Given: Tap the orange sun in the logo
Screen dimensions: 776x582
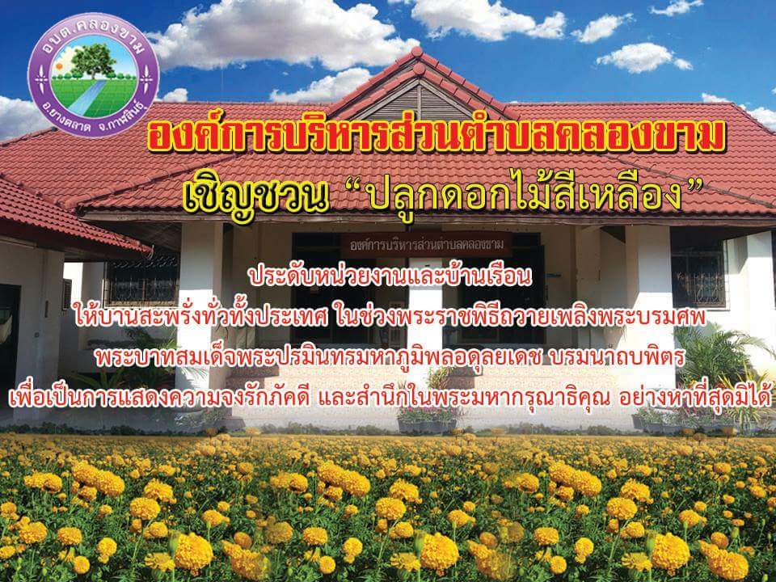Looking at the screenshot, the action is [60, 65].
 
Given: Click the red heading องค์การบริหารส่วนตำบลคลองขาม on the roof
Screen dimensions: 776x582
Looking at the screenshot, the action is [436, 135].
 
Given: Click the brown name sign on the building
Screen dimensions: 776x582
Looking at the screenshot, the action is [426, 244].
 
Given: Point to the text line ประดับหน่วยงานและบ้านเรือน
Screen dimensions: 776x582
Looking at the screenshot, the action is [391, 276].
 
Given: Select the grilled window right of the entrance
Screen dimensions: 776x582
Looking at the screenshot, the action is [698, 276].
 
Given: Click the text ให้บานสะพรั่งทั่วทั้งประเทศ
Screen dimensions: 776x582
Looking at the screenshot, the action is [200, 317].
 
